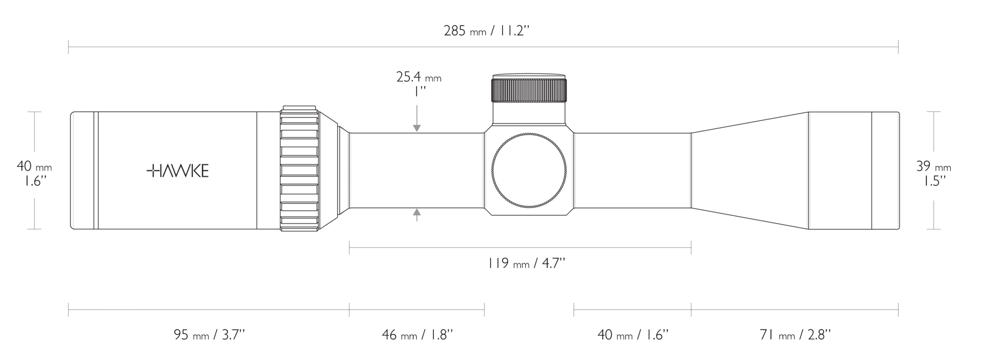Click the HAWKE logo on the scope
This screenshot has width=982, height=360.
[x=177, y=171]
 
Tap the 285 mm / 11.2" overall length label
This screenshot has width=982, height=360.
[x=486, y=31]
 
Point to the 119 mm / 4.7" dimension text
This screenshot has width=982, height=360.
[x=526, y=263]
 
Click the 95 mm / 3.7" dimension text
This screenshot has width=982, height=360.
[x=210, y=335]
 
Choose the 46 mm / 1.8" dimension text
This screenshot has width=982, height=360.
[x=417, y=335]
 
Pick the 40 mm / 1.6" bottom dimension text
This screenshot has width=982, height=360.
[x=633, y=335]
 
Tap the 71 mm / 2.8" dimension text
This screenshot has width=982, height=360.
[x=795, y=335]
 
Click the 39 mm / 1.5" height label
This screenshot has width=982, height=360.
[x=934, y=173]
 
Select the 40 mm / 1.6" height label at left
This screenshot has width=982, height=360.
[x=34, y=173]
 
